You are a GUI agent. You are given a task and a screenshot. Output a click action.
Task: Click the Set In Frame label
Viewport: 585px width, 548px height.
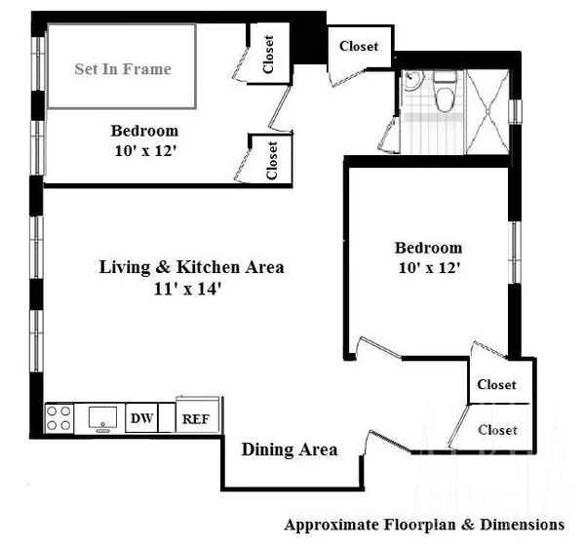click(x=123, y=68)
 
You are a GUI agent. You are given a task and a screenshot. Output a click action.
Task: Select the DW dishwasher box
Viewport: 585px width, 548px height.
click(x=142, y=419)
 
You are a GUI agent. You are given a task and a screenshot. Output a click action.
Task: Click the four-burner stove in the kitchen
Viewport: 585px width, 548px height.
click(x=59, y=418)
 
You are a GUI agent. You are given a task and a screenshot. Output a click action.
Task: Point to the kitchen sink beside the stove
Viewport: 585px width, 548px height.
click(x=100, y=418)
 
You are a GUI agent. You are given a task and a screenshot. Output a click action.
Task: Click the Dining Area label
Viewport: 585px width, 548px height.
click(x=290, y=450)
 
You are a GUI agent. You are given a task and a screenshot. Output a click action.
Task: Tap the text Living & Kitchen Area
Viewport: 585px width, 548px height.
click(x=191, y=267)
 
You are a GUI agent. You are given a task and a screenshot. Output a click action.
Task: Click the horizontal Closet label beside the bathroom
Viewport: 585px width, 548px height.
click(x=365, y=46)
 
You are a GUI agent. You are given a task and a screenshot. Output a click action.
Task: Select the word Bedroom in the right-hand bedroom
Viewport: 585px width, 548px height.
click(x=428, y=248)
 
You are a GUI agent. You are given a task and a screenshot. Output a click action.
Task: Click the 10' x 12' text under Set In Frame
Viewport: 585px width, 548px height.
click(x=143, y=151)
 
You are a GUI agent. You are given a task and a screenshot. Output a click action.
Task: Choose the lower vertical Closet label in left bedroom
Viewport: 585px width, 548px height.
click(x=272, y=160)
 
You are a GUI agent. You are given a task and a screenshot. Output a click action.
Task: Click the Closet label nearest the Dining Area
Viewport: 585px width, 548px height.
click(x=496, y=429)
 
